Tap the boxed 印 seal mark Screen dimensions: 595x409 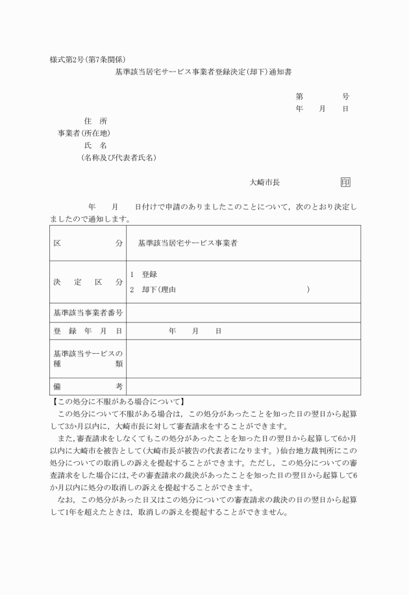click(x=345, y=183)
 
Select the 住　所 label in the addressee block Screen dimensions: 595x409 click(x=95, y=121)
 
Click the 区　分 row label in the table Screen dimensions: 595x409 click(x=88, y=243)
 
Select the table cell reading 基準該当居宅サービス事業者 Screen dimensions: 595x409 click(x=188, y=243)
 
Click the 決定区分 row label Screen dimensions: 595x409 click(x=88, y=282)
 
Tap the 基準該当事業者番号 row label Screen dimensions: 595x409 click(x=88, y=313)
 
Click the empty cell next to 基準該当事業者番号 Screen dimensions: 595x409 click(x=243, y=313)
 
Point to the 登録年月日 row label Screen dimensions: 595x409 click(x=88, y=331)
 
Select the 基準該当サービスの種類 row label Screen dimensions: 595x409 click(x=88, y=358)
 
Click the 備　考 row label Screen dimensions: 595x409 click(x=88, y=386)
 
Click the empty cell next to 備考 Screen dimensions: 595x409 click(x=243, y=386)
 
